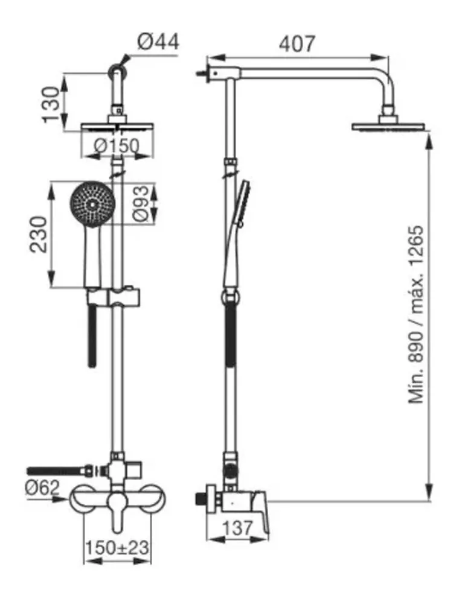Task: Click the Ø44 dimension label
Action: coord(158,41)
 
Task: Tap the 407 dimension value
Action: coord(297,44)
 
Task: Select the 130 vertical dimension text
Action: coord(51,104)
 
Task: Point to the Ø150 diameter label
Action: coord(117,145)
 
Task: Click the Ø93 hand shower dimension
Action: coord(141,203)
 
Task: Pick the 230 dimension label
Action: coord(39,235)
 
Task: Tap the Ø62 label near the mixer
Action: coord(42,487)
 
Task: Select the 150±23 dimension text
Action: coord(117,548)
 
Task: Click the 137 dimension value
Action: coord(237,528)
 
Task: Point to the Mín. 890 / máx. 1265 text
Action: coord(416,314)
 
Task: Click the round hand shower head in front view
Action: coord(92,203)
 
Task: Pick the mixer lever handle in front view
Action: coord(118,512)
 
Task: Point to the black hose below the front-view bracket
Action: coord(92,336)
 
